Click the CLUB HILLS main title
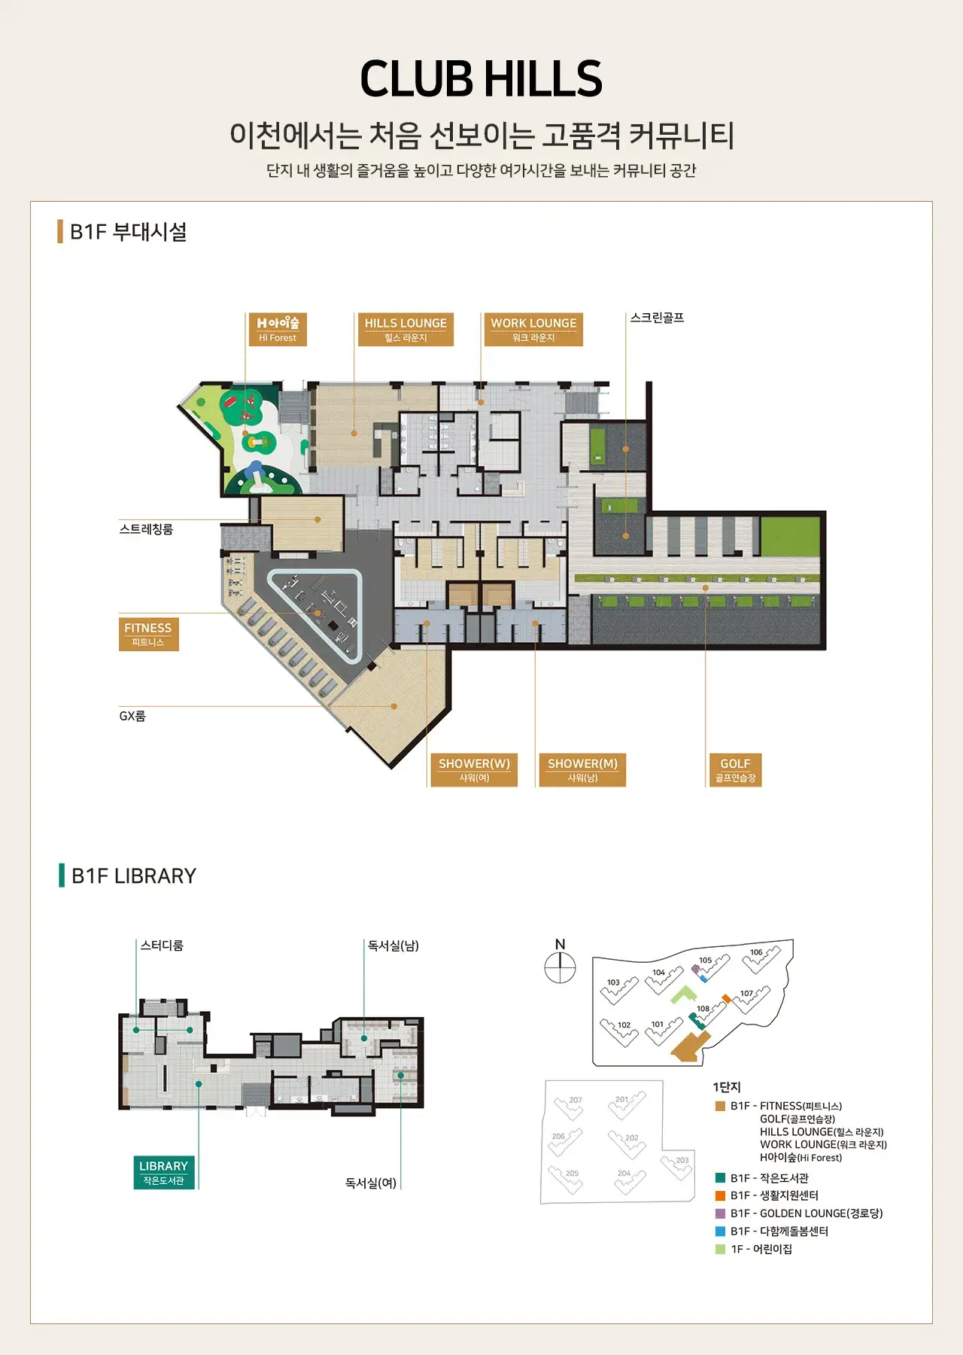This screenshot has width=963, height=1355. click(x=481, y=79)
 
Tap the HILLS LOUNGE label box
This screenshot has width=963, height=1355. click(x=406, y=329)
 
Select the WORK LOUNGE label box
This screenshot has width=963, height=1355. click(x=533, y=329)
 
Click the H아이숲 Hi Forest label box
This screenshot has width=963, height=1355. click(x=278, y=329)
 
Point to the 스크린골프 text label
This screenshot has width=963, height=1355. click(x=657, y=318)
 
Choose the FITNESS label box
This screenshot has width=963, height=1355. click(x=148, y=634)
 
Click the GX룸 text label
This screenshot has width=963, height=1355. click(x=132, y=716)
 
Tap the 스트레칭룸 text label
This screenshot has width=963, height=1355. click(x=146, y=529)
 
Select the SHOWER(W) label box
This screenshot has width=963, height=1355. click(x=474, y=769)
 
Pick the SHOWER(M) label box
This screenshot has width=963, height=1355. click(x=582, y=769)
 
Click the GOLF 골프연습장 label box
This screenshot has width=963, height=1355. click(x=735, y=769)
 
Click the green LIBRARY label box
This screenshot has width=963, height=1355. click(x=163, y=1172)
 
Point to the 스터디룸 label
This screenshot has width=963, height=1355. click(x=162, y=945)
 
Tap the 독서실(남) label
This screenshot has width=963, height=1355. click(x=393, y=945)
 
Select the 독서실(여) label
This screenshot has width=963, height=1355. click(x=371, y=1183)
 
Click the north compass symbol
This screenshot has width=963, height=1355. click(x=560, y=967)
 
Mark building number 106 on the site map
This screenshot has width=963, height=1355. click(x=756, y=952)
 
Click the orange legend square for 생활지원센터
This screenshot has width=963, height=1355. click(x=720, y=1195)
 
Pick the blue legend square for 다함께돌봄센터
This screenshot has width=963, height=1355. click(x=720, y=1232)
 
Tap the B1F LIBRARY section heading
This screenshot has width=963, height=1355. click(x=133, y=876)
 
